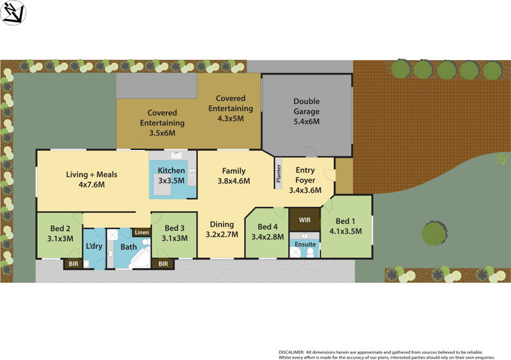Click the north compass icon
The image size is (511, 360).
[13, 13]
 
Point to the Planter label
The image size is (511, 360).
[278, 174]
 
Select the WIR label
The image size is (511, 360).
[304, 219]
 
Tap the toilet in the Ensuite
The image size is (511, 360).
[311, 253]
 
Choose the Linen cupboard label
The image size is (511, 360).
[141, 232]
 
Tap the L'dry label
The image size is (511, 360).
[94, 246]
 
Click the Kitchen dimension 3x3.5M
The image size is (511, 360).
[171, 181]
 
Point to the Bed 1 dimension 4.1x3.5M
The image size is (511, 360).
[345, 231]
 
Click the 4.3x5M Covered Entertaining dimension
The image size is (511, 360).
[231, 118]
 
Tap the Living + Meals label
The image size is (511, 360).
[91, 174]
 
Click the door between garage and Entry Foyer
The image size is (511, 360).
[309, 152]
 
